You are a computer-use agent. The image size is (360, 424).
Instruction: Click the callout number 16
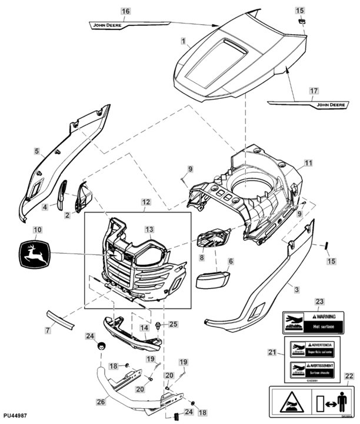pos(125,11)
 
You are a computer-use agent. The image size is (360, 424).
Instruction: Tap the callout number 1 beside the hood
pos(184,41)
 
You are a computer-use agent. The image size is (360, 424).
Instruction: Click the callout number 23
pos(319,302)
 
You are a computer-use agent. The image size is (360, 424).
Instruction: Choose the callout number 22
pos(349,376)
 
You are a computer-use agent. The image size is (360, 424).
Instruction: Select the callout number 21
pos(272,353)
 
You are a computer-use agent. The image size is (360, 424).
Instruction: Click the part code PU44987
pos(15,416)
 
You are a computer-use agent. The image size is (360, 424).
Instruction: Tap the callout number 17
pos(314,91)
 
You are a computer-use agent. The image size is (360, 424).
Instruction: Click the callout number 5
pos(37,151)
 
